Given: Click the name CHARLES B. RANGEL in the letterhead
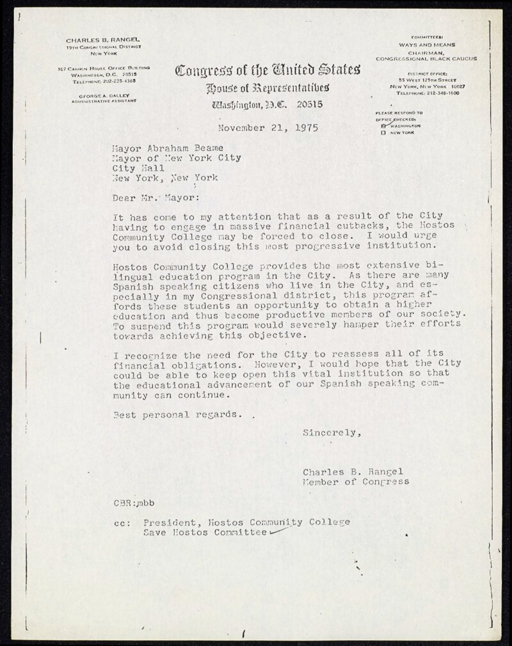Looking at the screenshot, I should pos(104,40).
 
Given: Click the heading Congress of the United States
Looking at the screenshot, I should pos(267,69).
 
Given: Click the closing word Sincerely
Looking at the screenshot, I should pos(332,433).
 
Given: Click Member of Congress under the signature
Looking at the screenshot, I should pos(356,482).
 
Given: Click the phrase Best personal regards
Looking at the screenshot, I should pos(178,414).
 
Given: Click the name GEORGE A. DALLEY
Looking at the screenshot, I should pos(103,95).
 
